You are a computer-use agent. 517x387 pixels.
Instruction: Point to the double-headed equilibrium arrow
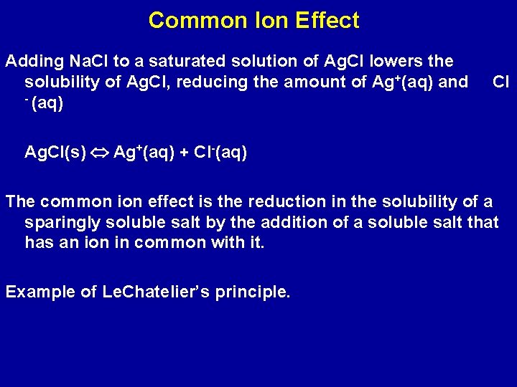pos(101,153)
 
